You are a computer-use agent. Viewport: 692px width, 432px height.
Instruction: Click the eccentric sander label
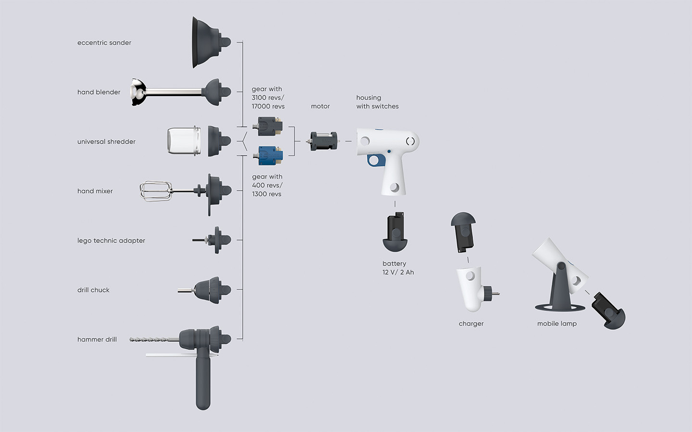click(104, 43)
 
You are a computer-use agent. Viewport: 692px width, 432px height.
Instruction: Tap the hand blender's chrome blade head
click(138, 92)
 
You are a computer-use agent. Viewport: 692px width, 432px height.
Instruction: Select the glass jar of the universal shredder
click(184, 141)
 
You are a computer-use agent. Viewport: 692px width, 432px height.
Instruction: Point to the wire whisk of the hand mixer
click(156, 191)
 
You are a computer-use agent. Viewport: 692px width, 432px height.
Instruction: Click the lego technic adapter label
click(111, 240)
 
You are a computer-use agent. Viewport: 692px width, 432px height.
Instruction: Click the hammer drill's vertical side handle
click(203, 382)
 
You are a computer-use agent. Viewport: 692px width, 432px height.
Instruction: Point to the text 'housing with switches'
click(377, 102)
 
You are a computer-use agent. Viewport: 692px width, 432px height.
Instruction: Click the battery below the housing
click(395, 233)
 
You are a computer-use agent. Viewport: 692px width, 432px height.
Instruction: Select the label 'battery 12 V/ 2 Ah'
click(398, 268)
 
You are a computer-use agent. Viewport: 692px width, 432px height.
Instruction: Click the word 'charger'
click(471, 324)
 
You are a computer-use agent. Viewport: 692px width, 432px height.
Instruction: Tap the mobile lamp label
click(557, 324)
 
